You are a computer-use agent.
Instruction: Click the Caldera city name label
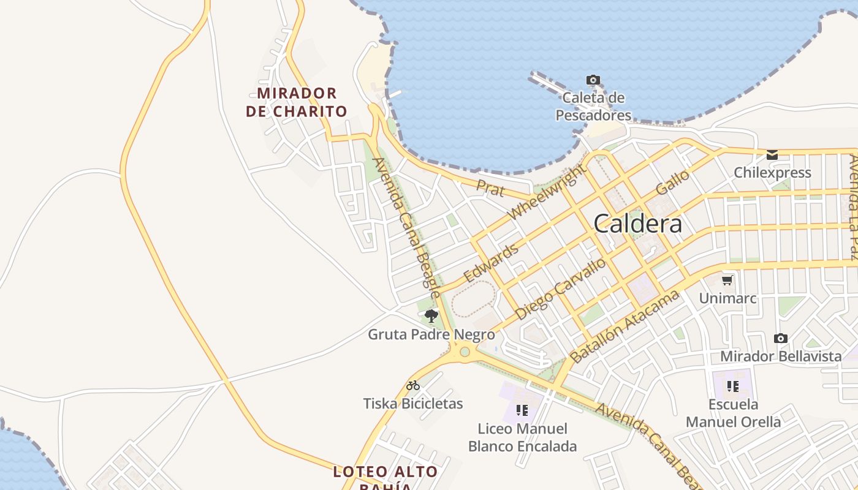pyautogui.click(x=637, y=224)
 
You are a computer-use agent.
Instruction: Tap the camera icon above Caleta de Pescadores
pyautogui.click(x=593, y=80)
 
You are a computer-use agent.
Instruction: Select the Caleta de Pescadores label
pyautogui.click(x=593, y=106)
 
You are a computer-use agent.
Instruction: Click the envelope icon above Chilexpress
pyautogui.click(x=772, y=155)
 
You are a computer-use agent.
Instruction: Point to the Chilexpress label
pyautogui.click(x=772, y=172)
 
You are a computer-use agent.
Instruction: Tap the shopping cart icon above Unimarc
pyautogui.click(x=727, y=280)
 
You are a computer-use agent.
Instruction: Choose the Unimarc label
pyautogui.click(x=728, y=298)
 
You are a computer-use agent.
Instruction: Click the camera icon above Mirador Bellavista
pyautogui.click(x=780, y=338)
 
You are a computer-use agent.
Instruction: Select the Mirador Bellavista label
pyautogui.click(x=780, y=356)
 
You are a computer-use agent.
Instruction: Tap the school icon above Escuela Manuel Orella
pyautogui.click(x=732, y=386)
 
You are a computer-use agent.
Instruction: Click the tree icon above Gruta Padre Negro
pyautogui.click(x=431, y=316)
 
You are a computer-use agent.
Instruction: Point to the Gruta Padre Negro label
pyautogui.click(x=431, y=334)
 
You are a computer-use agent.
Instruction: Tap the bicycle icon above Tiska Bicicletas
pyautogui.click(x=413, y=385)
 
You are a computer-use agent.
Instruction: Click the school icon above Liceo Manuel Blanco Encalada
pyautogui.click(x=522, y=410)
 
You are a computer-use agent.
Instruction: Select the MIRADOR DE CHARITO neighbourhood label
pyautogui.click(x=297, y=102)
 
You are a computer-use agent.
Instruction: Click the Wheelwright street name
pyautogui.click(x=547, y=193)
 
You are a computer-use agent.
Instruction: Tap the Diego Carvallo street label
pyautogui.click(x=561, y=288)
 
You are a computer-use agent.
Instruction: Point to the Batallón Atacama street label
pyautogui.click(x=625, y=326)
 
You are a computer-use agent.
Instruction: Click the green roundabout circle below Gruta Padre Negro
pyautogui.click(x=465, y=352)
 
